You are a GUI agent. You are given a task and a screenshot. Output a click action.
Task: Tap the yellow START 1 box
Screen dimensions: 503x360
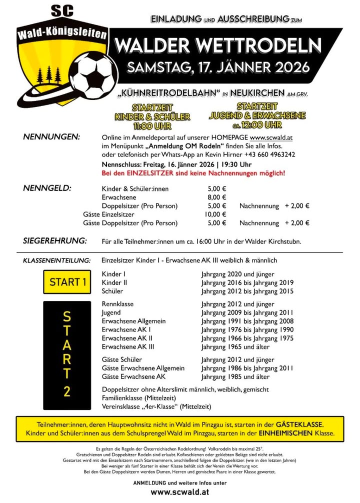pos(67,282)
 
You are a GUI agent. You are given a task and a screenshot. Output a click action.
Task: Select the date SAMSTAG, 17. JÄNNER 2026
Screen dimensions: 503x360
pos(218,66)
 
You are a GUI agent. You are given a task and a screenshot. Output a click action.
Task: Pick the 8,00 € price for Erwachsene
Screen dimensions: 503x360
pos(216,197)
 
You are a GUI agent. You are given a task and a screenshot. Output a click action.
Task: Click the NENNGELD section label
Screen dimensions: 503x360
pos(47,188)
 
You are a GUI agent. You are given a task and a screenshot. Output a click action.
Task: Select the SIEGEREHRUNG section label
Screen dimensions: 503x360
pos(54,240)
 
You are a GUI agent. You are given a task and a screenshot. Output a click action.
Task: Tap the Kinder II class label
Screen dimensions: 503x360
pos(114,282)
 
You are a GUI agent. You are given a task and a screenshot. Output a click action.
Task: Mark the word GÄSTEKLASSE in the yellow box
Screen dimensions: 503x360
pos(301,423)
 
